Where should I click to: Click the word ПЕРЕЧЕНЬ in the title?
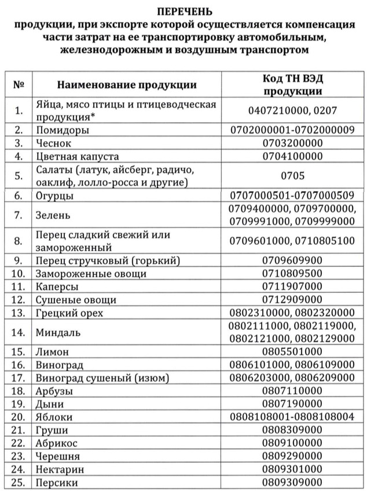click(x=183, y=11)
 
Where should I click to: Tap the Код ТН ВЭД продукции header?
click(x=292, y=85)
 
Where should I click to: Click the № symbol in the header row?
click(x=19, y=85)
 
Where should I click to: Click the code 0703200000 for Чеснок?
click(x=292, y=143)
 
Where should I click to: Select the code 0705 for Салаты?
click(x=292, y=176)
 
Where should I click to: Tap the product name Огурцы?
click(x=54, y=196)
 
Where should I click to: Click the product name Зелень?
click(x=53, y=215)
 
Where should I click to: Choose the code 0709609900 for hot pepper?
click(x=292, y=260)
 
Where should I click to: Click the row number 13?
click(x=19, y=313)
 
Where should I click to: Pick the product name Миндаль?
click(x=58, y=333)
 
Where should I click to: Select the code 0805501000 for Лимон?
click(x=292, y=352)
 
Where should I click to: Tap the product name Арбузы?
click(x=54, y=391)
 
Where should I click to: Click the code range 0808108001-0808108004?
click(x=292, y=417)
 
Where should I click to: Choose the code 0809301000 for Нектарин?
click(x=292, y=469)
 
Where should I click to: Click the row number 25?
click(x=19, y=483)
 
